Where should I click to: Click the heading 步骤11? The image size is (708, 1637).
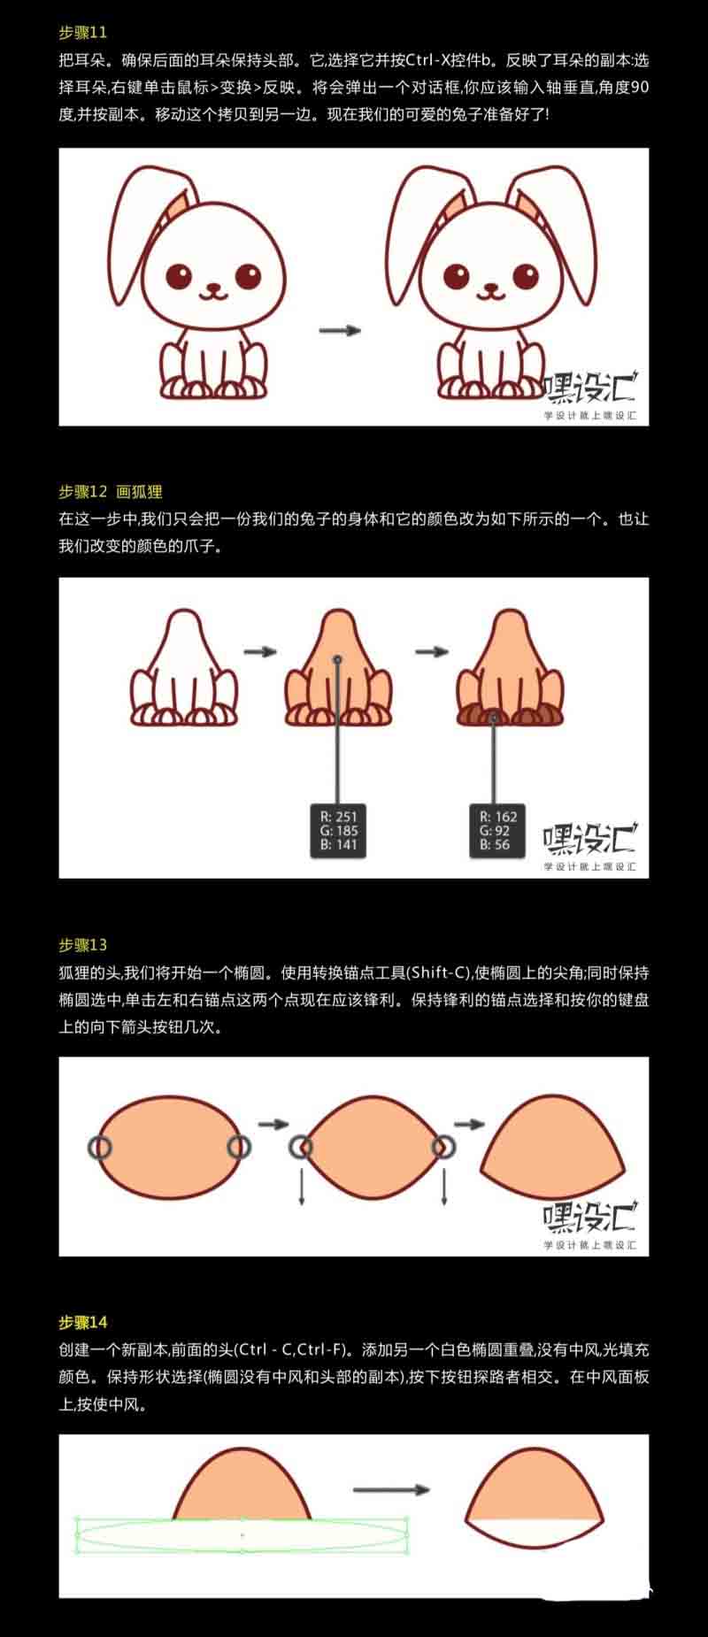tap(83, 33)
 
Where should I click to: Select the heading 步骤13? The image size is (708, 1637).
tap(83, 945)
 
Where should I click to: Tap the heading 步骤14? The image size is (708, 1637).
tap(83, 1323)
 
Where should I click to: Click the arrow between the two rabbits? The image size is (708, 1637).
tap(340, 330)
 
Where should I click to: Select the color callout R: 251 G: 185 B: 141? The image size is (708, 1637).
tap(338, 830)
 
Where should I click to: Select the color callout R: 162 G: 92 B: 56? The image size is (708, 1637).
tap(496, 830)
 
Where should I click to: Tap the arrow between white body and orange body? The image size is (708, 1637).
tap(260, 652)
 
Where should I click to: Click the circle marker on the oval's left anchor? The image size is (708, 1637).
tap(100, 1148)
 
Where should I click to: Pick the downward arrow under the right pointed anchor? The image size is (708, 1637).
tap(443, 1184)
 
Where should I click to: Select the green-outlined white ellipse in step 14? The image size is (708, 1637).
tap(242, 1535)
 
